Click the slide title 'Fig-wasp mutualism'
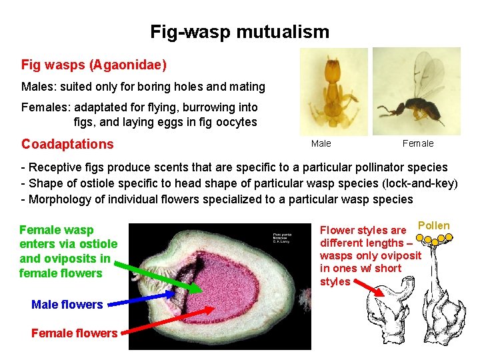[239, 31]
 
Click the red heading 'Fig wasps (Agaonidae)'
[94, 65]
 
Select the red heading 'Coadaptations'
[67, 144]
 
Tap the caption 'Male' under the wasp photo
[321, 143]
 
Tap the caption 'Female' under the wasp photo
[418, 143]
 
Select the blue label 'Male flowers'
[67, 305]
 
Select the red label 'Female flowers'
[74, 333]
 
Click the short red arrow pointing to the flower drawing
[367, 287]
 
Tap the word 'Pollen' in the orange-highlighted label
[433, 226]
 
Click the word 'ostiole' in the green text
[97, 244]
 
